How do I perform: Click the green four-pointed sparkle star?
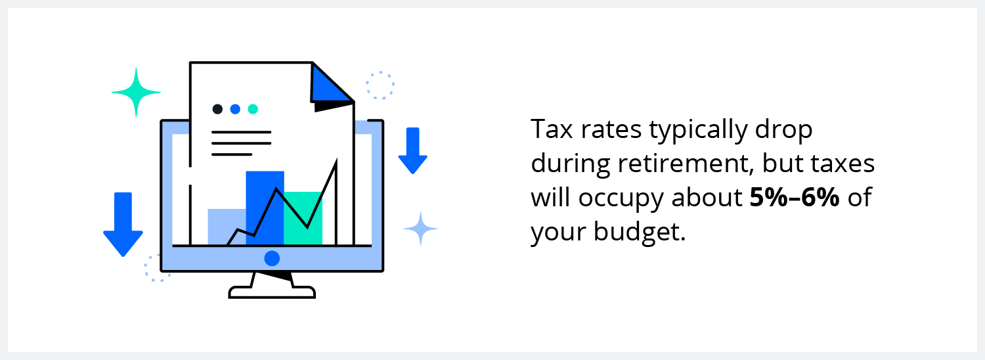coord(136,93)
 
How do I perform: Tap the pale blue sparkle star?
coord(421,229)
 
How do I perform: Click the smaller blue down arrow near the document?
coord(413,150)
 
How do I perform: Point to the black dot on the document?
coord(217,109)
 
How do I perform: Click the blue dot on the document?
coord(235,109)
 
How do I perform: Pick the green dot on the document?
coord(253,109)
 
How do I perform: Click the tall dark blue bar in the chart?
coord(265,208)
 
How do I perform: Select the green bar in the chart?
coord(303,218)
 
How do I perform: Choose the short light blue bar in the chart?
coord(227,227)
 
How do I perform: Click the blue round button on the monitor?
coord(272,258)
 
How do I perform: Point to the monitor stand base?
coord(273,292)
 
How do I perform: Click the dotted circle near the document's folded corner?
coord(380,85)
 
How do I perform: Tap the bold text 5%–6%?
coord(795,197)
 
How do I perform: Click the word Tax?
coord(552,129)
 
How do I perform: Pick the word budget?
coord(640,231)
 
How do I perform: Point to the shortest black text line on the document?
coord(232,154)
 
